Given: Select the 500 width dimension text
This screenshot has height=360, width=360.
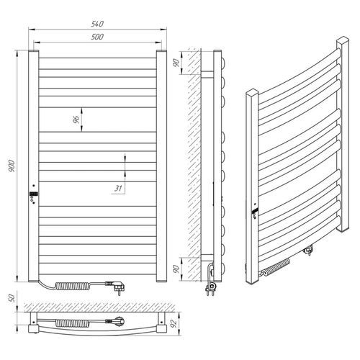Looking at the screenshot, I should click(96, 36).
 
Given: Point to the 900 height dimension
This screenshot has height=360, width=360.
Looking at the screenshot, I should click(11, 164).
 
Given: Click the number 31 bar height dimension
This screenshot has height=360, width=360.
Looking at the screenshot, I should click(115, 189).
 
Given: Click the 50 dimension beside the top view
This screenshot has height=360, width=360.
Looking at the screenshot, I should click(9, 298).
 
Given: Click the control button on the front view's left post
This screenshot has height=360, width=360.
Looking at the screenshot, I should click(33, 195).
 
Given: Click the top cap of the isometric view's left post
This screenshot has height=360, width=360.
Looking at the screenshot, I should click(251, 94).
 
